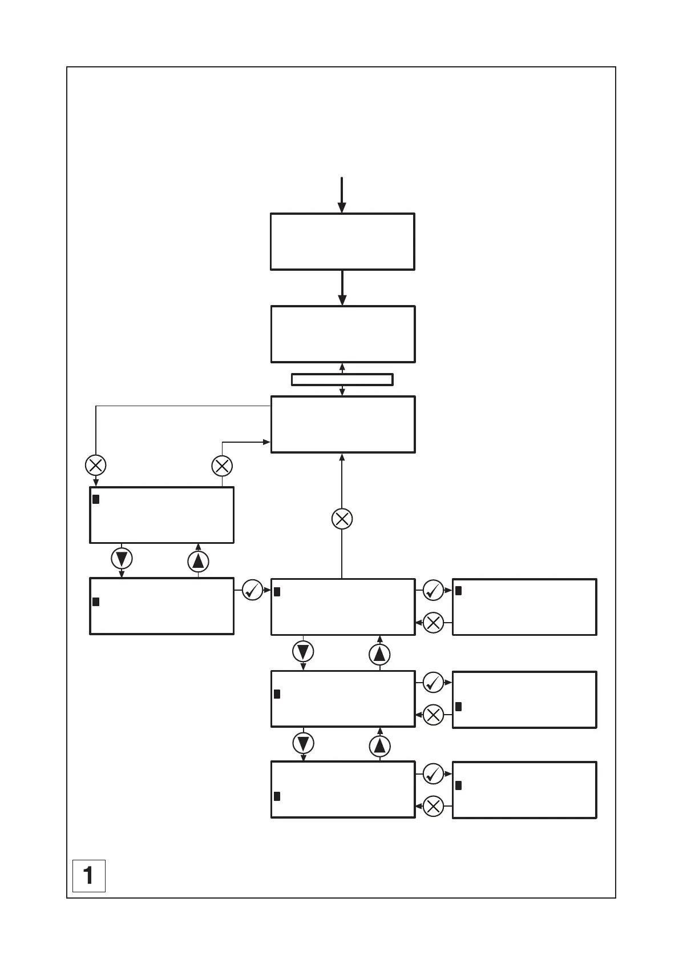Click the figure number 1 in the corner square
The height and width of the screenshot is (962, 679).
tap(88, 875)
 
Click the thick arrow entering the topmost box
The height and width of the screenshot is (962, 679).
tap(341, 195)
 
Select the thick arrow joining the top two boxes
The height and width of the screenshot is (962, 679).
tap(342, 287)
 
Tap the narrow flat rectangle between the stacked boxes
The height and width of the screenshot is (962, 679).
tap(342, 379)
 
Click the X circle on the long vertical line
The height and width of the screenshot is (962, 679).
tap(342, 519)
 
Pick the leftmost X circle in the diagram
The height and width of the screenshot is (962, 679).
tap(95, 465)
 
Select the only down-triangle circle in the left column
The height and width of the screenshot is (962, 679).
tap(122, 558)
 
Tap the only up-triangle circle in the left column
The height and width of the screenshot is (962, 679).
tap(198, 562)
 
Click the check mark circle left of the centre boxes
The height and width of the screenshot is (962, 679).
tap(252, 590)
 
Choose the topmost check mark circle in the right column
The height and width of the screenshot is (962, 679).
tap(433, 590)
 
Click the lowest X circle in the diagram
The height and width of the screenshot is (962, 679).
tap(433, 806)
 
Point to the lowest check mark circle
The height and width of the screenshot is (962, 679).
tap(433, 773)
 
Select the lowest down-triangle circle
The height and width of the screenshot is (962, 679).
tap(303, 743)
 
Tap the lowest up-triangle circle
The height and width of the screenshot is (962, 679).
tap(379, 745)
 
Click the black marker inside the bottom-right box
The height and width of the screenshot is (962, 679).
tap(458, 785)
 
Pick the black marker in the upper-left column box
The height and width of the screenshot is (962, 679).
tap(96, 499)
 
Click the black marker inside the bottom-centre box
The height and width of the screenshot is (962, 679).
tap(277, 796)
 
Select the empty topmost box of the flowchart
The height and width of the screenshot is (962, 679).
tap(342, 242)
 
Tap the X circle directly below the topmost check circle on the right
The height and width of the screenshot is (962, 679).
tap(433, 622)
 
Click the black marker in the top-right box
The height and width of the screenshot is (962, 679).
tap(458, 591)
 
